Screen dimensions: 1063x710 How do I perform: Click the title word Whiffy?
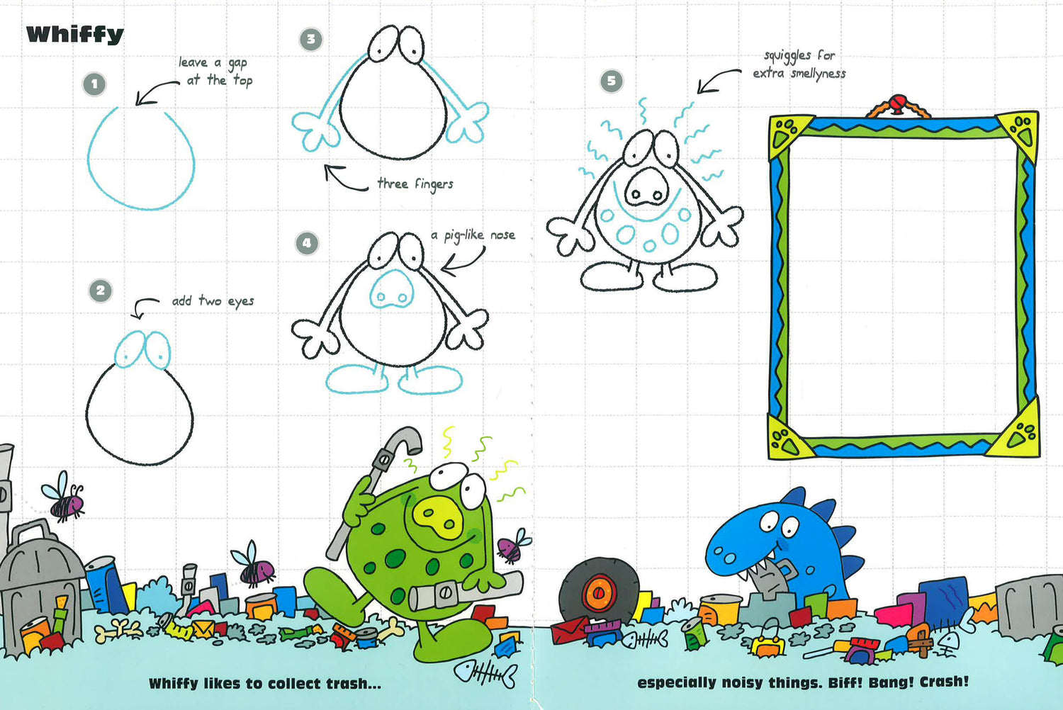pos(75,35)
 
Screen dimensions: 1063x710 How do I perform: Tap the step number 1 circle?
pos(94,84)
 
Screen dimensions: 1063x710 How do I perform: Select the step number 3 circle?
pos(311,40)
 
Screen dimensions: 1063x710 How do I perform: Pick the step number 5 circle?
pos(611,81)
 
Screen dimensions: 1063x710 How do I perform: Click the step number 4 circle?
pos(307,244)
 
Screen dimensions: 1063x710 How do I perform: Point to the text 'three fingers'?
pos(415,184)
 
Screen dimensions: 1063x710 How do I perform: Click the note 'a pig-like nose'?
pos(473,235)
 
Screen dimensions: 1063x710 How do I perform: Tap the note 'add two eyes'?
pos(213,301)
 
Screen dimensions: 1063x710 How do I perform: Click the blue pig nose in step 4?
pos(391,289)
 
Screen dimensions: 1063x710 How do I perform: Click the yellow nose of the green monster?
pos(437,517)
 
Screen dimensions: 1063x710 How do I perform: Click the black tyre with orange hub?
pos(599,590)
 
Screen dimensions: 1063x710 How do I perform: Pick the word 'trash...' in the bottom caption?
pos(354,684)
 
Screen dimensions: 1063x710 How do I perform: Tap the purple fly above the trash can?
pos(64,497)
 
